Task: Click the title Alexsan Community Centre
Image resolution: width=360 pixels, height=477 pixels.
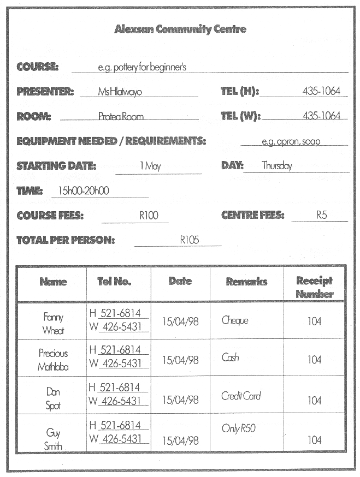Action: tap(180, 29)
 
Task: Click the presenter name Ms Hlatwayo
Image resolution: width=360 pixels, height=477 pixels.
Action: tap(120, 92)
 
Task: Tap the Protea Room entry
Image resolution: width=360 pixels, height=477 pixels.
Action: tap(121, 116)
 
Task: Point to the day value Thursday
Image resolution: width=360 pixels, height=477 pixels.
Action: tap(276, 166)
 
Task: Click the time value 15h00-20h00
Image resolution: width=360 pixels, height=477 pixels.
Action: tap(84, 191)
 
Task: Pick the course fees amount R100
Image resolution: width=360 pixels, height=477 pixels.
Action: tap(148, 216)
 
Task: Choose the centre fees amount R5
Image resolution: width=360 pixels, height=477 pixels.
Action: tap(321, 215)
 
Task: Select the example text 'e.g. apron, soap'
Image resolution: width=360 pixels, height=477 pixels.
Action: tap(291, 141)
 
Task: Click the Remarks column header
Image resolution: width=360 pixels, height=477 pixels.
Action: tap(246, 282)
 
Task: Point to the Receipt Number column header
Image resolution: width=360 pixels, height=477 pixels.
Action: tap(315, 287)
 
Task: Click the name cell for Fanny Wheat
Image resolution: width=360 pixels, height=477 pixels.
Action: tap(53, 324)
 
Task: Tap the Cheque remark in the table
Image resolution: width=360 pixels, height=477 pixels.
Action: tap(235, 320)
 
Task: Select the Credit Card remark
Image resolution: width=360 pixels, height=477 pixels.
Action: tap(241, 396)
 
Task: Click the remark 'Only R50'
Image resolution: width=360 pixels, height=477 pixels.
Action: tap(239, 428)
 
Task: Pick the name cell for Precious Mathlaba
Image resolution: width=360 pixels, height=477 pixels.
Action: tap(53, 360)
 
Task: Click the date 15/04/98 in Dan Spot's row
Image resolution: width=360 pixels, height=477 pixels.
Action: tap(180, 400)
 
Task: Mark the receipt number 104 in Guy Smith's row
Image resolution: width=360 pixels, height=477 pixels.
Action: tap(314, 440)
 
